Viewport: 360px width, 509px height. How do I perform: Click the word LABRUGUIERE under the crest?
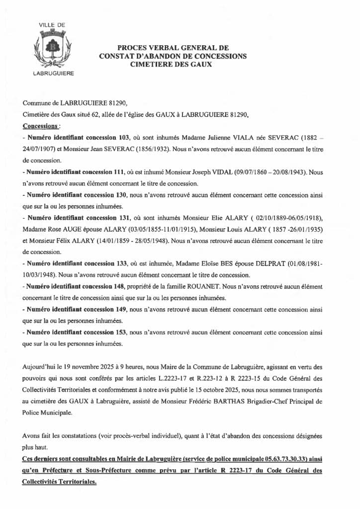(x=52, y=73)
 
